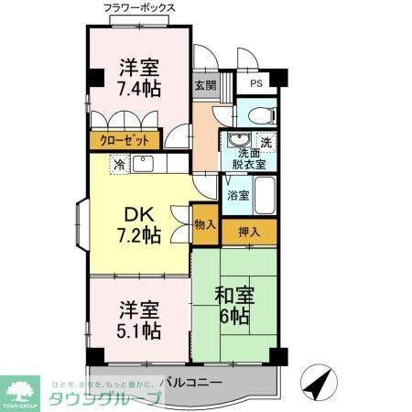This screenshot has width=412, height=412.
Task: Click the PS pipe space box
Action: pos(257,81)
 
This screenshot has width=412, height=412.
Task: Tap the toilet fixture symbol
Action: pos(258,116)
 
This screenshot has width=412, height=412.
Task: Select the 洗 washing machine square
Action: pos(266,142)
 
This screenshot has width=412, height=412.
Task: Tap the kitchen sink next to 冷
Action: pos(144,164)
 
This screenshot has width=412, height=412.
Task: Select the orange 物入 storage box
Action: pos(205,223)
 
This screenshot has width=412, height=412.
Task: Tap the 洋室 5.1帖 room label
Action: pos(139,317)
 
